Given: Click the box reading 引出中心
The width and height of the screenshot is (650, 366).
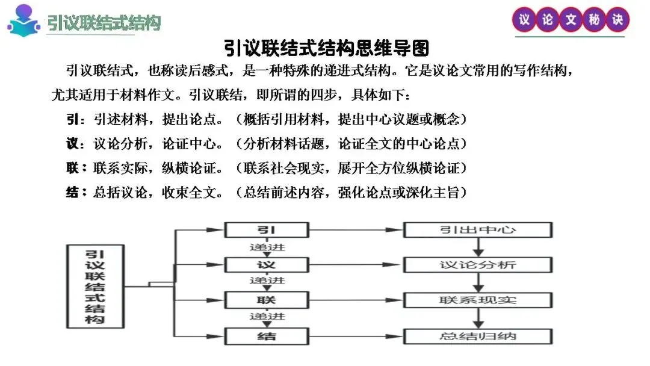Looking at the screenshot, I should pyautogui.click(x=477, y=230).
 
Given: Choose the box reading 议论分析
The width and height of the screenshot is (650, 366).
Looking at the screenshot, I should pyautogui.click(x=477, y=265).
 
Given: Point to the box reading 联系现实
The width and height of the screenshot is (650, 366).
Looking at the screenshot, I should pyautogui.click(x=477, y=300).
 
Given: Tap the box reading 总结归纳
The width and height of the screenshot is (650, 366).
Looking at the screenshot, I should pyautogui.click(x=477, y=336).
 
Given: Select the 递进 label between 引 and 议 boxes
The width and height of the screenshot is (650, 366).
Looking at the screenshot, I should pyautogui.click(x=267, y=247).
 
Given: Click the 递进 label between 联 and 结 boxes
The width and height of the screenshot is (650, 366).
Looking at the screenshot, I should pyautogui.click(x=267, y=317).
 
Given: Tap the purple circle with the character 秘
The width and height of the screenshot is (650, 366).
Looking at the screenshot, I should pyautogui.click(x=593, y=20).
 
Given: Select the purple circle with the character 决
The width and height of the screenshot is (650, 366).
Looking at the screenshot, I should pyautogui.click(x=617, y=20).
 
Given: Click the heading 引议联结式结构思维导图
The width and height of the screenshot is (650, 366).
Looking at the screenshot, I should pyautogui.click(x=326, y=48).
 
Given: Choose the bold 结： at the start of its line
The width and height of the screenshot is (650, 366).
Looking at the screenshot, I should pyautogui.click(x=75, y=193).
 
